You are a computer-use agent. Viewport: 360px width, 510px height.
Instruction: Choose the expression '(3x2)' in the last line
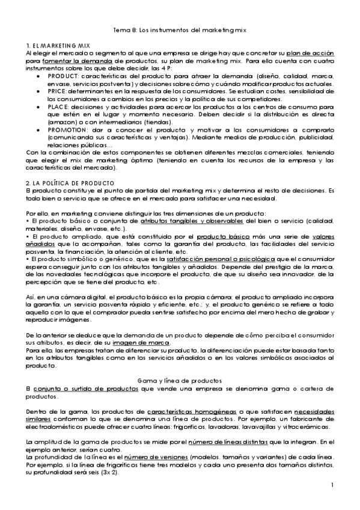pos(109,473)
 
